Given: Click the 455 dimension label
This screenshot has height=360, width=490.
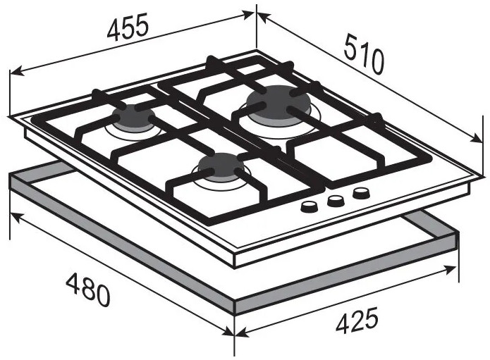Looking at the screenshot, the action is [127, 27].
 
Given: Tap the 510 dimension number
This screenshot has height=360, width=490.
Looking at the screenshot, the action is [363, 55].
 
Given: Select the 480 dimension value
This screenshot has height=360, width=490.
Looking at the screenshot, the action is [88, 289].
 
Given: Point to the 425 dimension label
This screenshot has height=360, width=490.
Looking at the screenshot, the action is [357, 320].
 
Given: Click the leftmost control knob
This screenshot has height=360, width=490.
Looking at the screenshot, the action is [309, 206].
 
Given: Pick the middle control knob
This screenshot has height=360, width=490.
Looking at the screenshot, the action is [336, 201].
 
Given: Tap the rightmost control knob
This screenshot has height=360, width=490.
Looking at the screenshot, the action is [362, 193].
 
